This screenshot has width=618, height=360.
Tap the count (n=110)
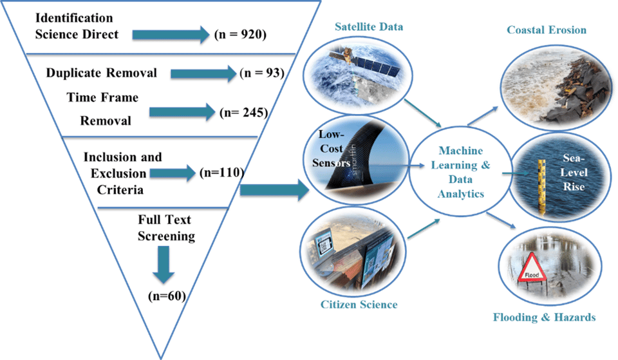pos(221,172)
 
